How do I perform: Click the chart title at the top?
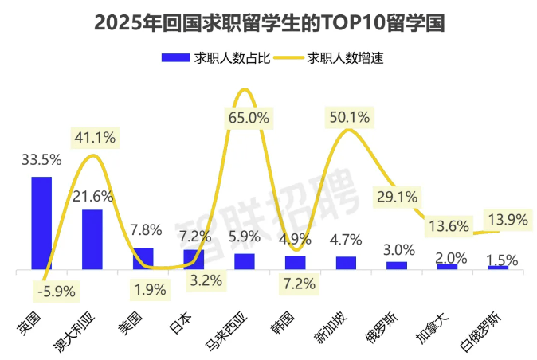(268, 22)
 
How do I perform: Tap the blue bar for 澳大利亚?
(92, 240)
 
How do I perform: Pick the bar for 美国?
(143, 259)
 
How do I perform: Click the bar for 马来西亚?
(245, 261)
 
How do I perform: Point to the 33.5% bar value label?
(41, 159)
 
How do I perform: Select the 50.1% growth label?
(348, 117)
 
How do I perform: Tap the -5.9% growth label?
(56, 292)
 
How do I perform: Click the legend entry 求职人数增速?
(335, 58)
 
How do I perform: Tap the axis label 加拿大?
(431, 327)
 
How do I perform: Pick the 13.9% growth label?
(505, 218)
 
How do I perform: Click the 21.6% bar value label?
(93, 196)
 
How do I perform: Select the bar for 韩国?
(296, 262)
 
